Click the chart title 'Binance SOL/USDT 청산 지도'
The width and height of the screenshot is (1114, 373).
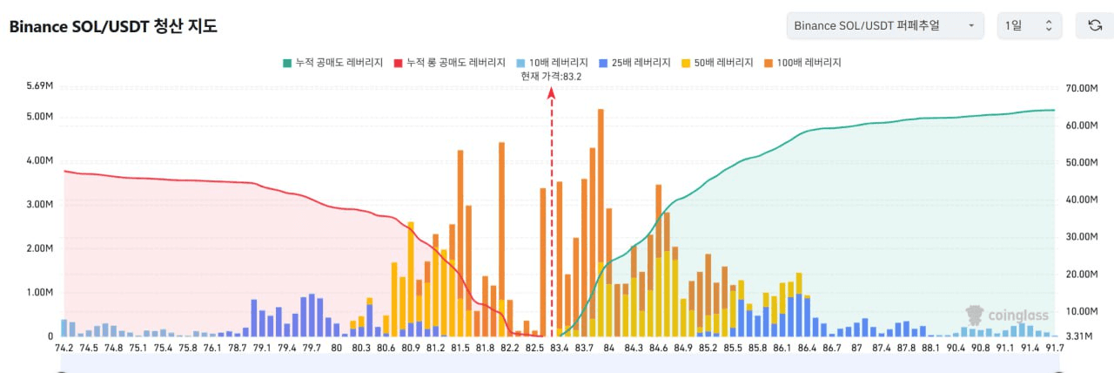pyautogui.click(x=113, y=26)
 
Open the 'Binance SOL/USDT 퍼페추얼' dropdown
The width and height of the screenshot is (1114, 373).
pyautogui.click(x=884, y=25)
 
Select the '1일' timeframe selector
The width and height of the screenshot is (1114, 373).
pyautogui.click(x=1029, y=25)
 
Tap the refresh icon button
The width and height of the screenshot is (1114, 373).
pyautogui.click(x=1095, y=25)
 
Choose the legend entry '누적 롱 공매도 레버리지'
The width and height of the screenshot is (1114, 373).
pyautogui.click(x=450, y=63)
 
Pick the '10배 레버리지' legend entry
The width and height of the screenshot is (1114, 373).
pyautogui.click(x=550, y=63)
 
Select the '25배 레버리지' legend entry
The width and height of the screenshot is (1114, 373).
pyautogui.click(x=635, y=63)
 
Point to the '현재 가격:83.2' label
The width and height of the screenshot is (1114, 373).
pyautogui.click(x=551, y=77)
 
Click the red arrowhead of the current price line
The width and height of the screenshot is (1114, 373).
pyautogui.click(x=551, y=92)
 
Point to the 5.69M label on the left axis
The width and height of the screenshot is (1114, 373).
pyautogui.click(x=40, y=85)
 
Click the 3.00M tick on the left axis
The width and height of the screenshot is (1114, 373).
pyautogui.click(x=40, y=205)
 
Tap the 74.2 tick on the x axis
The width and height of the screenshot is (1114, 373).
pyautogui.click(x=64, y=348)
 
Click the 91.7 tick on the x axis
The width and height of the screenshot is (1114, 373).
pyautogui.click(x=1053, y=348)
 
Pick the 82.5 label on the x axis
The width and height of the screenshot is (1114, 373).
pyautogui.click(x=534, y=348)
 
